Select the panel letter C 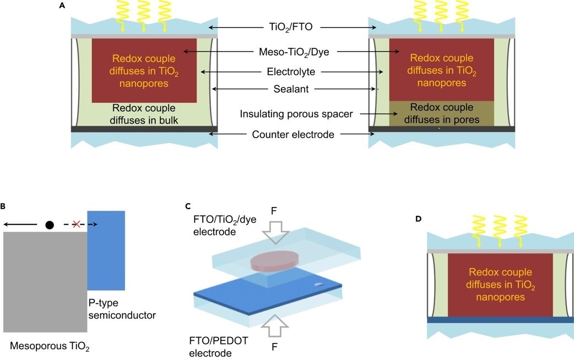tap(188, 206)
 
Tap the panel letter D tap(419, 219)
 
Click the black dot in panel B tap(50, 225)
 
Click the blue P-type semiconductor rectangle tap(106, 250)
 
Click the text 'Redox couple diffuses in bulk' tap(144, 113)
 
